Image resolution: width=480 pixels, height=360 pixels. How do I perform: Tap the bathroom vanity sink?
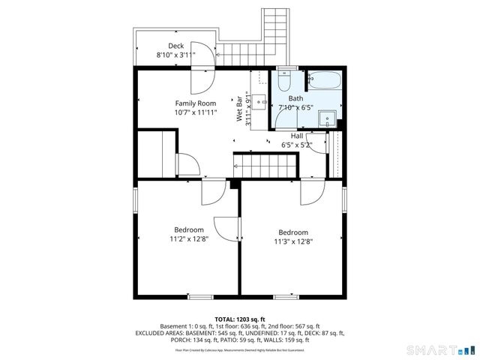326,118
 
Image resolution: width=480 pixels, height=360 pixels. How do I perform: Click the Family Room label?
196,103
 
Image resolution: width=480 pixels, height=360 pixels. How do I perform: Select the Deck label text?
175,46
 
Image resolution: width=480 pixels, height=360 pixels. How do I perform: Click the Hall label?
297,136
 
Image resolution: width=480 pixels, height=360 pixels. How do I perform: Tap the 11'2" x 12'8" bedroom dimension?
188,239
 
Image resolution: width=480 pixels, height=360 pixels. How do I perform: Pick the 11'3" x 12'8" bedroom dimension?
292,241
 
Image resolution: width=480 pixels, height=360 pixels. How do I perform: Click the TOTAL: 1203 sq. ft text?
240,319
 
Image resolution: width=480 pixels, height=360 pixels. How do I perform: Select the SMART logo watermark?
439,349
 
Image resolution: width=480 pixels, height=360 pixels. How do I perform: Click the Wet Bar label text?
240,109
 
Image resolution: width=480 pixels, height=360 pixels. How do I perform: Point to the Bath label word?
296,98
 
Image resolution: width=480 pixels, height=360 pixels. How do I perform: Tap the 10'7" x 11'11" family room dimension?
196,112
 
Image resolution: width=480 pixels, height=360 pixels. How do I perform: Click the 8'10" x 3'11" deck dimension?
175,55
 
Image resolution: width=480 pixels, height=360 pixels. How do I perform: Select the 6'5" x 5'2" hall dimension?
297,145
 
